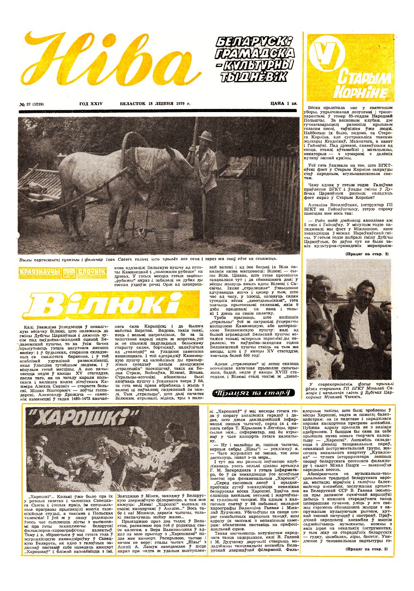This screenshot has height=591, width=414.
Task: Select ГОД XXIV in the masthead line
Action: coord(91,103)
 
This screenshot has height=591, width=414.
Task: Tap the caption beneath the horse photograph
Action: coord(147,259)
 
